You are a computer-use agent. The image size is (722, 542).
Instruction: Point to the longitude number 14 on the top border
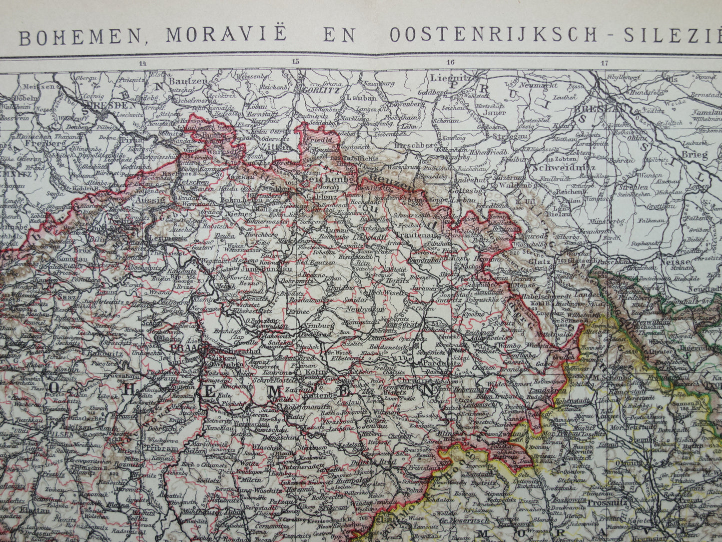[x=143, y=63]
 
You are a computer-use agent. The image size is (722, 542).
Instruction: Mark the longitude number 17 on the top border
[x=605, y=63]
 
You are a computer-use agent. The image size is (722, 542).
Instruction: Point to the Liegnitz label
[x=453, y=78]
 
